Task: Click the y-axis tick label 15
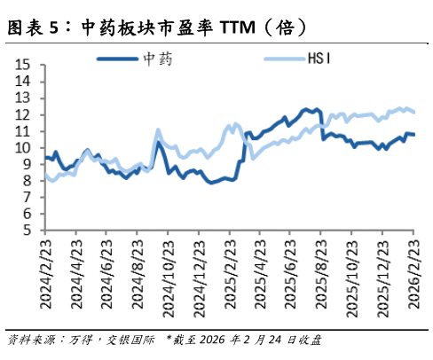click(x=22, y=65)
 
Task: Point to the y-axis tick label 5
click(x=26, y=231)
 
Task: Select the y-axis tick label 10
click(x=22, y=148)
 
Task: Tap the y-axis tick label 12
click(x=22, y=114)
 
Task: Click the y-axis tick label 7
click(x=26, y=198)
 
